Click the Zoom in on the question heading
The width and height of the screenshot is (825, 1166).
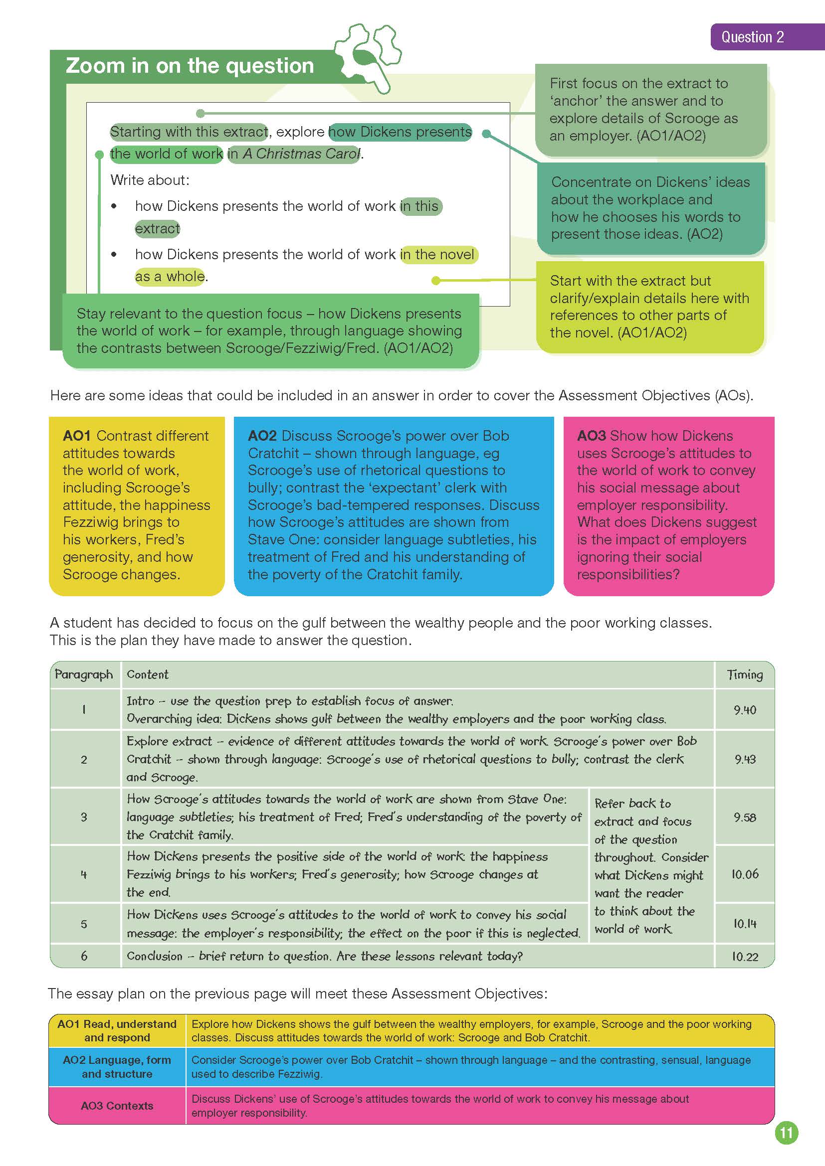pyautogui.click(x=190, y=66)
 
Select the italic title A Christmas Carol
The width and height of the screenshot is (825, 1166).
pyautogui.click(x=301, y=154)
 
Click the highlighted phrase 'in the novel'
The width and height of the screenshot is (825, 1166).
pyautogui.click(x=438, y=254)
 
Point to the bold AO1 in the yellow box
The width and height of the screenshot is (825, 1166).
pyautogui.click(x=76, y=436)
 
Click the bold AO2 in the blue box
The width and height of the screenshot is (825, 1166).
pyautogui.click(x=262, y=436)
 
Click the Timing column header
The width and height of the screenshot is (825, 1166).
pyautogui.click(x=744, y=674)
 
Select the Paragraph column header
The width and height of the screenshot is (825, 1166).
pyautogui.click(x=84, y=674)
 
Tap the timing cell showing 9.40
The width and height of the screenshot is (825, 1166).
pyautogui.click(x=745, y=710)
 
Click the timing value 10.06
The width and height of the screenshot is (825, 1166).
pyautogui.click(x=745, y=874)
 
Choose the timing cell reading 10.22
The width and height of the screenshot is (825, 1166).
pyautogui.click(x=745, y=957)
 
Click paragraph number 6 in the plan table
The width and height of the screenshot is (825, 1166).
pyautogui.click(x=84, y=956)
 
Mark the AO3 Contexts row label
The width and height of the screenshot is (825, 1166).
pyautogui.click(x=117, y=1106)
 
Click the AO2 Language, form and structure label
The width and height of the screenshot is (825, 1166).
pyautogui.click(x=117, y=1067)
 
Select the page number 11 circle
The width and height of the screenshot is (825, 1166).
pyautogui.click(x=787, y=1134)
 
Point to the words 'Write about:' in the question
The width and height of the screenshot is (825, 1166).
pyautogui.click(x=150, y=180)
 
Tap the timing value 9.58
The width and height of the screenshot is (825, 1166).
pyautogui.click(x=745, y=818)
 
